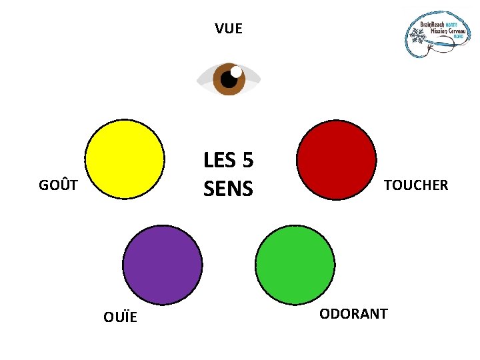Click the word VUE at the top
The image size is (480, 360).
[x=229, y=29]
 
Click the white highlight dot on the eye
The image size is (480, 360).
[x=236, y=71]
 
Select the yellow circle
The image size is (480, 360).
[x=125, y=159]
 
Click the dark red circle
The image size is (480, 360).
[x=337, y=159]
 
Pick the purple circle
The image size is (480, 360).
[x=163, y=265]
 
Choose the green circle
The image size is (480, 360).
[x=295, y=265]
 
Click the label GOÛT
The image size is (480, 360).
[x=59, y=185]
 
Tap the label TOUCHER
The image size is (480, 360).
[x=416, y=185]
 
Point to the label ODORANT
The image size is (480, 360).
[x=353, y=314]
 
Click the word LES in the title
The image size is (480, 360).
[x=220, y=161]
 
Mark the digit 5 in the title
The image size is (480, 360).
[x=247, y=161]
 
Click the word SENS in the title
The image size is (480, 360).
[x=229, y=189]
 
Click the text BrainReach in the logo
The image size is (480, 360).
[x=432, y=24]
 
